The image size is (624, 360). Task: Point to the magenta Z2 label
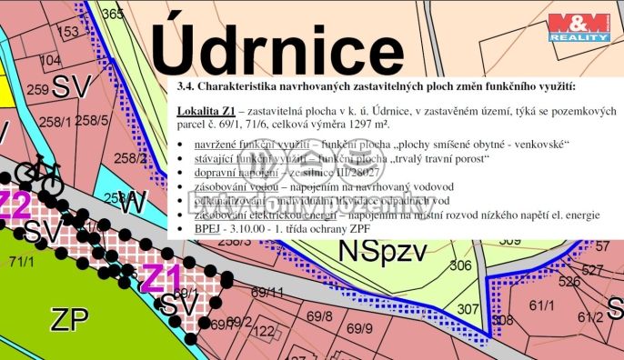point(13,205)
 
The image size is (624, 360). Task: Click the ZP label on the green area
point(69,320)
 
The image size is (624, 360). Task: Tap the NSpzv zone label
point(382,254)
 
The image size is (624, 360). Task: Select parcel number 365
point(113,14)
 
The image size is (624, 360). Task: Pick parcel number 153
point(68,33)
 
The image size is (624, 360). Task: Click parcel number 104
point(50,60)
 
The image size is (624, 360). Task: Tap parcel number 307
point(468,309)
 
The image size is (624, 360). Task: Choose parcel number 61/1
point(541,305)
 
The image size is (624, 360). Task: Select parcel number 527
point(593,271)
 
